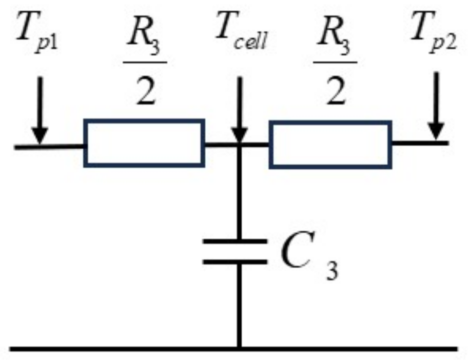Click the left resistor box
click(144, 143)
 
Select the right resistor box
click(331, 144)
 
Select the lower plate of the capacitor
click(236, 262)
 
